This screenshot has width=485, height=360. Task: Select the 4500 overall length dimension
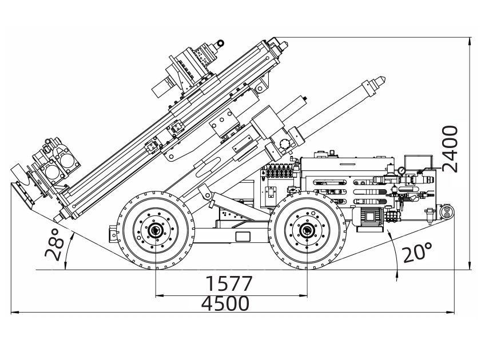click(225, 303)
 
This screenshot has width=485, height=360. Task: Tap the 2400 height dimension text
click(451, 148)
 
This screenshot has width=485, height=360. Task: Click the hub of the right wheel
click(308, 230)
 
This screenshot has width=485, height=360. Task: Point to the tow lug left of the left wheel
click(110, 234)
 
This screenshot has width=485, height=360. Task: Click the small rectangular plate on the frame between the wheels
click(242, 237)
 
